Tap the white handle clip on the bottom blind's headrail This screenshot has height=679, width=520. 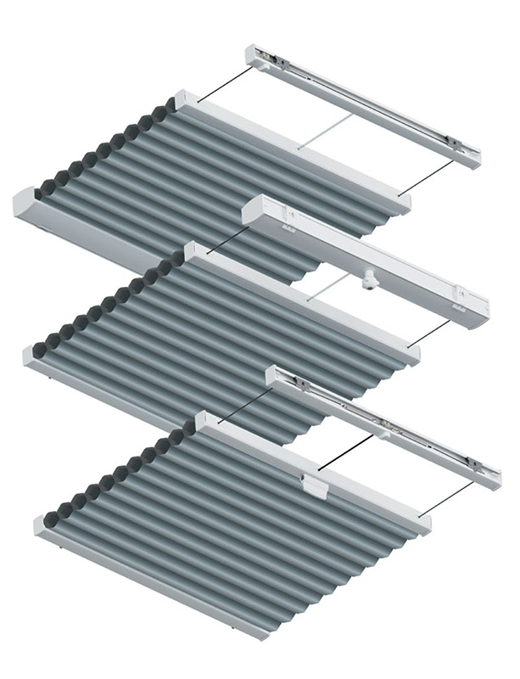pos(314,485)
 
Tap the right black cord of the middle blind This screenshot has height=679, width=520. pos(439,333)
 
